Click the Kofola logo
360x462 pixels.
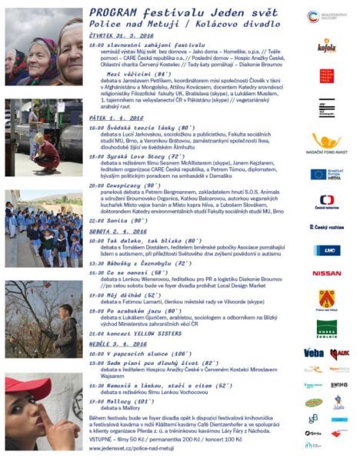tap(327, 46)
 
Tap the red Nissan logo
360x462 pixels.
tap(326, 273)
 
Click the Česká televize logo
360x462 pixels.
tap(326, 202)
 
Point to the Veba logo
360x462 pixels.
tap(313, 353)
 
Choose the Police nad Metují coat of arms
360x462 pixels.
tap(327, 298)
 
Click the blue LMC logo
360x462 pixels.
tap(326, 250)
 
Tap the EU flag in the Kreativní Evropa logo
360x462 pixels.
tap(316, 174)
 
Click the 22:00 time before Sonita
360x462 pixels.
tap(95, 219)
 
